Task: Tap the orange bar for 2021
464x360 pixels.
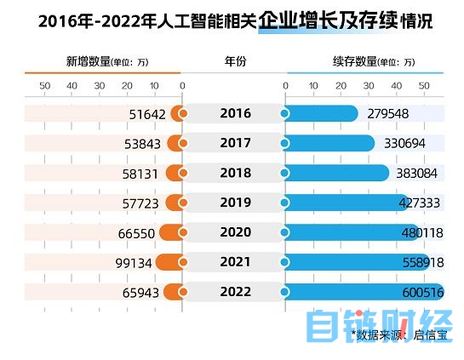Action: [x=169, y=262]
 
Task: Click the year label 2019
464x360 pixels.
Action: [x=235, y=203]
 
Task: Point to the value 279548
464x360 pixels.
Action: [x=389, y=114]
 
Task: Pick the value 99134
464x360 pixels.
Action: [x=134, y=263]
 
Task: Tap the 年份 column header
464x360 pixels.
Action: [x=235, y=62]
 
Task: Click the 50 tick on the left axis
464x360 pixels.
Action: [x=45, y=85]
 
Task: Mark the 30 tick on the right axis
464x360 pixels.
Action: [x=369, y=85]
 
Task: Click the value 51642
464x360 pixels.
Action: [x=142, y=114]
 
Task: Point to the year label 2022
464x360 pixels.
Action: [x=235, y=292]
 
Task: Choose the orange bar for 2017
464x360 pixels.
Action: [x=175, y=143]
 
